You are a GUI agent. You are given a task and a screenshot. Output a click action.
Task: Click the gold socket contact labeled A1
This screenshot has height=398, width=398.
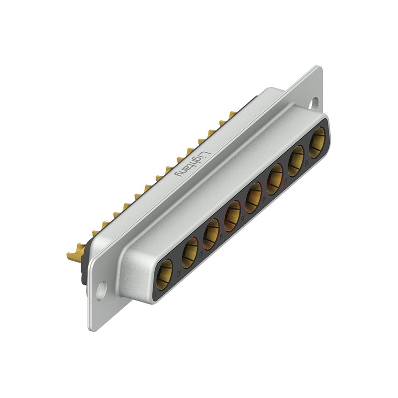click(x=164, y=273)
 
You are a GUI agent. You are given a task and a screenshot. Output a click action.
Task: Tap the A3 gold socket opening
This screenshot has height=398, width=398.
click(x=210, y=234)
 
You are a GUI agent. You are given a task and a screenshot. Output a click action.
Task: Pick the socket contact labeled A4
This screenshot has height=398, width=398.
click(x=232, y=218)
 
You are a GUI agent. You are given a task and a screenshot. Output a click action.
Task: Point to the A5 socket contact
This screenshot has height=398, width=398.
click(x=253, y=198)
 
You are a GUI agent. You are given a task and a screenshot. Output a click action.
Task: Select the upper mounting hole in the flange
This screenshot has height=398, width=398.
click(x=313, y=103)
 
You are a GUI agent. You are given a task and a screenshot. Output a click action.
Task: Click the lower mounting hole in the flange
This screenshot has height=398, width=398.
click(x=101, y=291)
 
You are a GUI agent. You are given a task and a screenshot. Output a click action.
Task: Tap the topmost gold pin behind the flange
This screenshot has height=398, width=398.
click(x=231, y=115)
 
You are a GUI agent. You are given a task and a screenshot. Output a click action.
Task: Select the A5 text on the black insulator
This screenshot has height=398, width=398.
click(x=242, y=217)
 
